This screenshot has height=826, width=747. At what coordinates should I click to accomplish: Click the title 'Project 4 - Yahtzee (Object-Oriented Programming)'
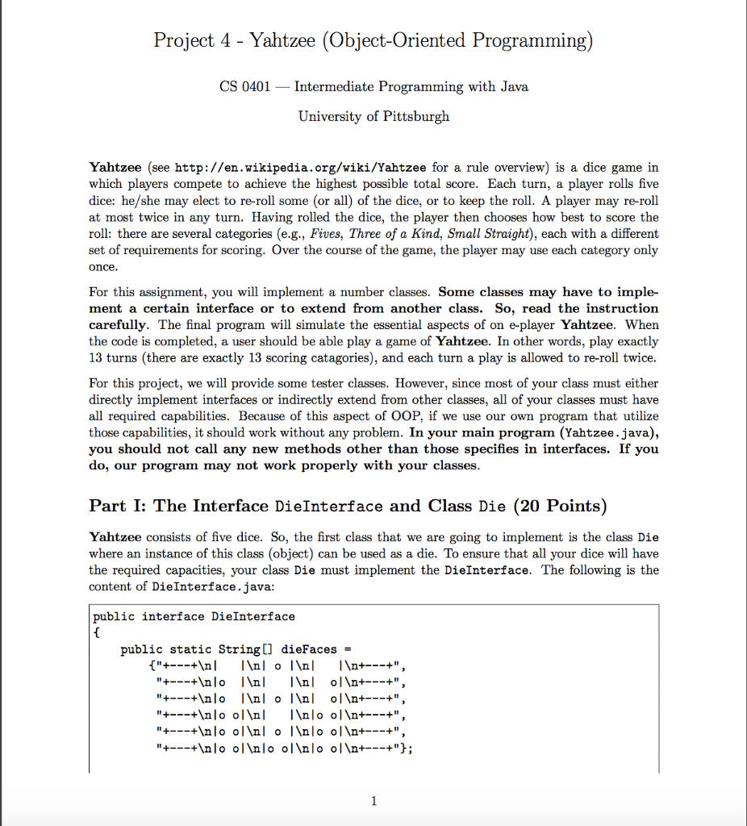(373, 40)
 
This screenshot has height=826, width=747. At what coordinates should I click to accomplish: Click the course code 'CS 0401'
(244, 86)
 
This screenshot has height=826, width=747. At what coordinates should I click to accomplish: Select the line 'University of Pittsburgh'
(373, 116)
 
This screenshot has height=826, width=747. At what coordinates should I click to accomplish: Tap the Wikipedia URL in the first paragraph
(301, 168)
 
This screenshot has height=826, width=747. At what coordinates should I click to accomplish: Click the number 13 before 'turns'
(96, 357)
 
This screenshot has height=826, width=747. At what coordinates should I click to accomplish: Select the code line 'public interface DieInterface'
(194, 616)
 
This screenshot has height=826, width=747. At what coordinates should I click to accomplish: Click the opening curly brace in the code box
(96, 632)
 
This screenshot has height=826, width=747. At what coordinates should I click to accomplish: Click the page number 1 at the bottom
(373, 801)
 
